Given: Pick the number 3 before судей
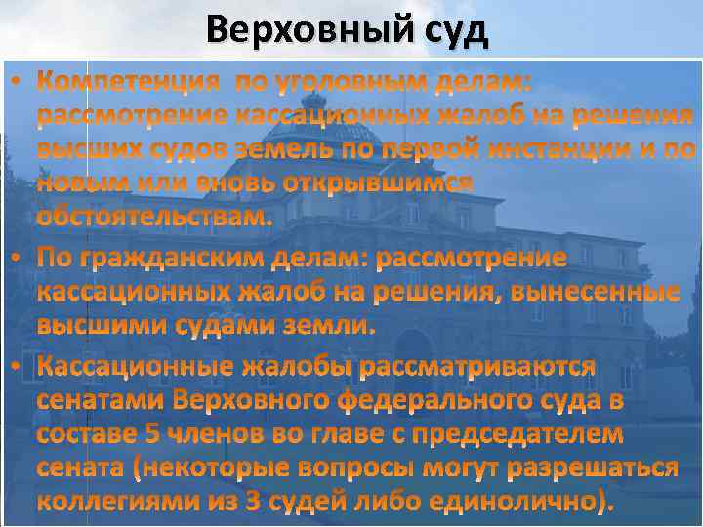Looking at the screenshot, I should (x=254, y=503).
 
